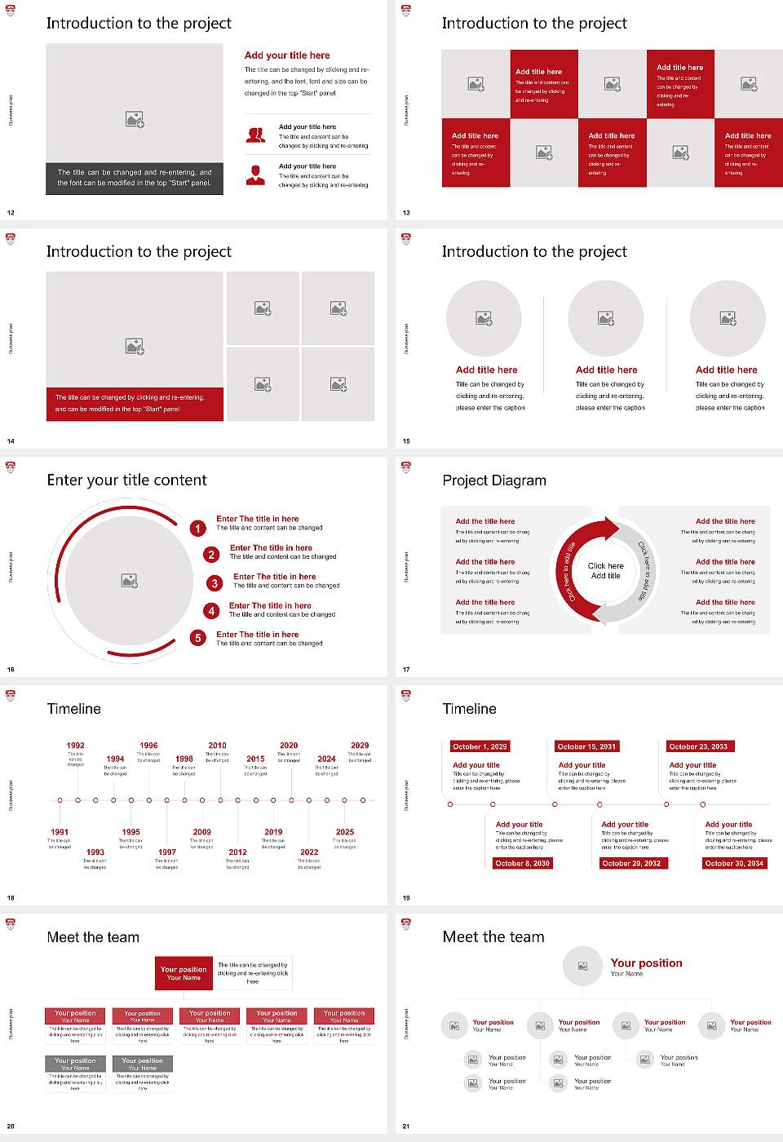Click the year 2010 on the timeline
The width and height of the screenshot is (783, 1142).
point(217,746)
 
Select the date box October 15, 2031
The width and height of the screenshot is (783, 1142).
point(586,746)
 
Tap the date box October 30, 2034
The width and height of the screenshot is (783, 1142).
point(734,863)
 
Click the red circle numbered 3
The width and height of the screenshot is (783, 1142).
point(215,583)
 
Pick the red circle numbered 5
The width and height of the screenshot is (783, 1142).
point(197,638)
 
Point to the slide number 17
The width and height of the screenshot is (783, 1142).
point(406,670)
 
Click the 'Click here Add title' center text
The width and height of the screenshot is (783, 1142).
point(605,571)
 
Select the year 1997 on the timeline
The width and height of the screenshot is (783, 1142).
point(167,852)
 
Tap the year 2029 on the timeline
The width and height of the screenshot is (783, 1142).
point(360,746)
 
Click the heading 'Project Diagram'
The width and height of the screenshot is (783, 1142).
point(494,480)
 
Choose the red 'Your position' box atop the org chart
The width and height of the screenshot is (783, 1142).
point(184,973)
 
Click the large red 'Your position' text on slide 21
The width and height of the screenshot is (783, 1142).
point(646,963)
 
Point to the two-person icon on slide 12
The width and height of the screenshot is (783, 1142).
point(255,135)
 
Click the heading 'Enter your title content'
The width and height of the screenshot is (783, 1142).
point(126,480)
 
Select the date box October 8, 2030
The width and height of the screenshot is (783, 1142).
point(523,863)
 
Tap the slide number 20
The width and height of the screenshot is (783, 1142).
point(11,1127)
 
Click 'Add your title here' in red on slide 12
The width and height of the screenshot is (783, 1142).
point(287,55)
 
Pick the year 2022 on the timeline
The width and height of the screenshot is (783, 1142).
point(309,852)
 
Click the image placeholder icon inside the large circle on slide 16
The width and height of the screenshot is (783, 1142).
point(129,581)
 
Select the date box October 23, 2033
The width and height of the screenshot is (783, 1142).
point(698,746)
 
